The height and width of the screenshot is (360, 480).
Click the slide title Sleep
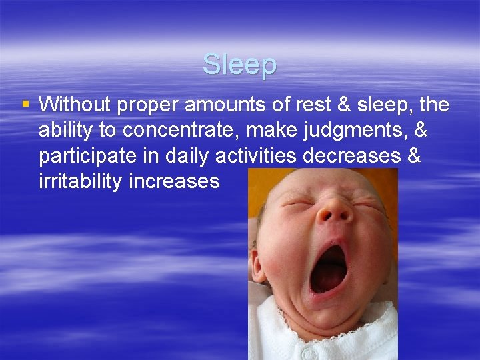239,65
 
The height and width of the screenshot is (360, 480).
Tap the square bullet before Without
25,104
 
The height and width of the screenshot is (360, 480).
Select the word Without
73,105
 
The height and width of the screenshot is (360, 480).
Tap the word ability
63,131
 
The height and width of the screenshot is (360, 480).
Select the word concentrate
166,131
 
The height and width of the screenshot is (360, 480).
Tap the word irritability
80,181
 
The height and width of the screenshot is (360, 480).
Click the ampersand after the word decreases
414,156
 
